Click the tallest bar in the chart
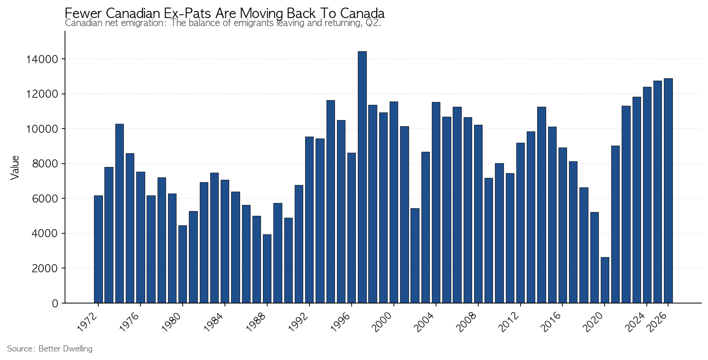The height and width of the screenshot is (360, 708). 362,177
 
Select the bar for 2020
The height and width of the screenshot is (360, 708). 605,280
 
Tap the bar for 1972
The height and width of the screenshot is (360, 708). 98,249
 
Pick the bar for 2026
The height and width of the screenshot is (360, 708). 668,191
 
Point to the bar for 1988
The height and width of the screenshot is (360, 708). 267,269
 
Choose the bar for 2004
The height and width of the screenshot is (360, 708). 436,203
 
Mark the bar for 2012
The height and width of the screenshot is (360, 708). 520,223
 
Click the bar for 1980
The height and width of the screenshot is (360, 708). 183,264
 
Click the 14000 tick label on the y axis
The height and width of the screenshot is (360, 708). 42,59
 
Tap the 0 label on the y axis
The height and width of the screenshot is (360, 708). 55,304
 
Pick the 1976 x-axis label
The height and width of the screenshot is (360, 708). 130,322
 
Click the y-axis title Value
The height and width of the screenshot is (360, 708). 15,168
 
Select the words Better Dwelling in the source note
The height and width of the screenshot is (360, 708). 65,349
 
